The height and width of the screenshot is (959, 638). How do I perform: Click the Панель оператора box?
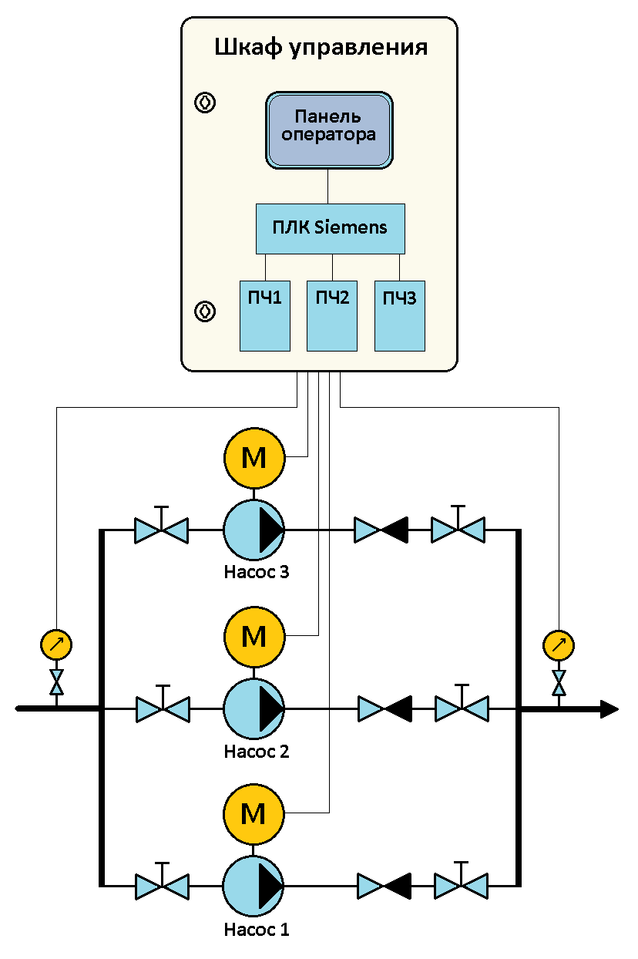(329, 129)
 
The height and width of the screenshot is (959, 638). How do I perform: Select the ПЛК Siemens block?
(330, 228)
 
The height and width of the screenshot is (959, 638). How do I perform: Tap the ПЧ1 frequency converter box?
(264, 315)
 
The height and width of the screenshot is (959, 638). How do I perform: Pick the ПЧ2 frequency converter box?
(332, 315)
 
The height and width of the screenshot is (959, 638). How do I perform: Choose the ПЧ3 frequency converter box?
(400, 315)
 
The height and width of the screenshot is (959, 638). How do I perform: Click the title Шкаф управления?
(320, 48)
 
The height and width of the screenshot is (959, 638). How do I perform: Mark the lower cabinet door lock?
(205, 311)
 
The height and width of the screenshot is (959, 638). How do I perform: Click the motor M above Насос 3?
(254, 458)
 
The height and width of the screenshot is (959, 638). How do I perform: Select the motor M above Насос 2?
(254, 637)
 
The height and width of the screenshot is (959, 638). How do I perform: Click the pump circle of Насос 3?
(254, 530)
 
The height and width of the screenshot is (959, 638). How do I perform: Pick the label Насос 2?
(257, 751)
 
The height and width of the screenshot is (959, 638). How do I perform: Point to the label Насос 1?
(257, 929)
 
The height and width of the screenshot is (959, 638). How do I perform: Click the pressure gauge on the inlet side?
(55, 644)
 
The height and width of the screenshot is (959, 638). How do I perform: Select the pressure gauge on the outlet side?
(559, 644)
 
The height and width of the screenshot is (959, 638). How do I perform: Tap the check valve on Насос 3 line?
(381, 530)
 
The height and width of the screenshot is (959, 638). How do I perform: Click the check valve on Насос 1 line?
(384, 885)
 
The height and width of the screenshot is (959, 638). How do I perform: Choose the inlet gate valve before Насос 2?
(163, 708)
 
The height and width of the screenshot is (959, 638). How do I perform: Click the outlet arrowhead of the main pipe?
(609, 709)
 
